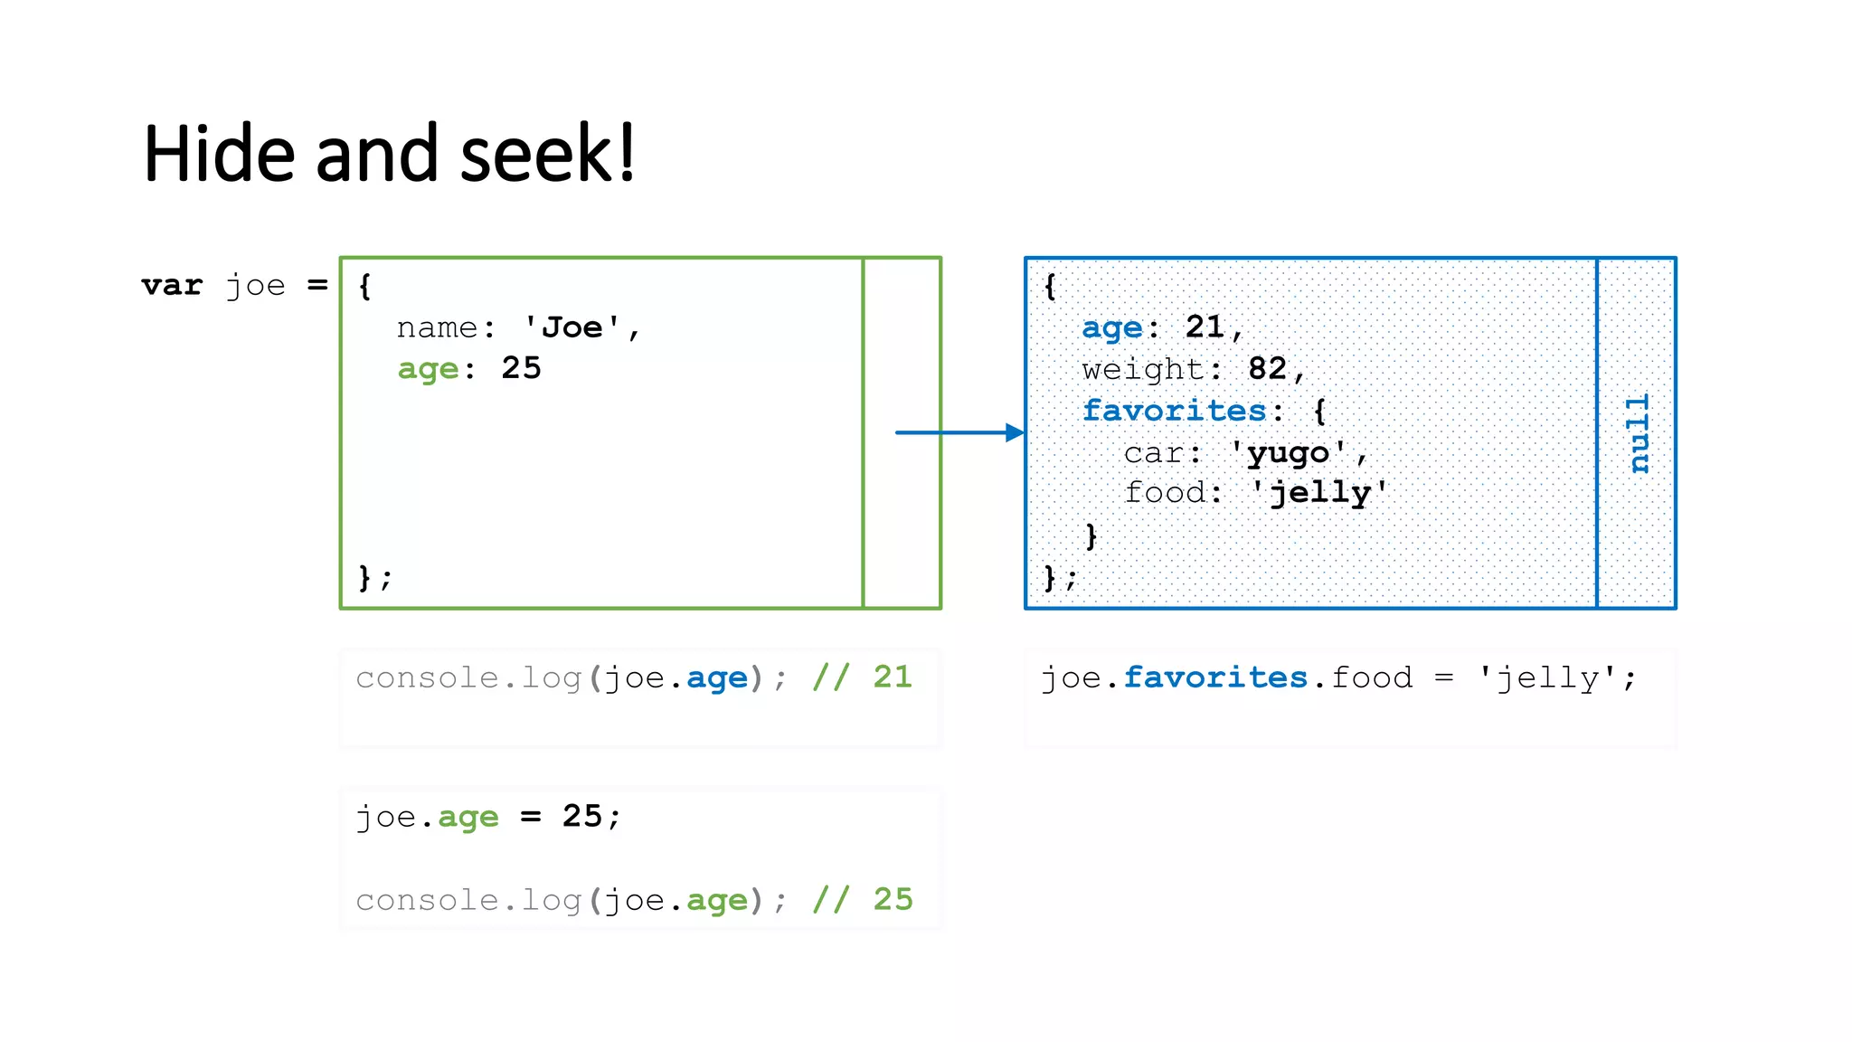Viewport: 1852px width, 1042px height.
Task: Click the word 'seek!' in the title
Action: pos(547,155)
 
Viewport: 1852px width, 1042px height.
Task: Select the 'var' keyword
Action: pos(172,286)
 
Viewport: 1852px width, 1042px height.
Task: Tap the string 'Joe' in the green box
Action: pos(572,327)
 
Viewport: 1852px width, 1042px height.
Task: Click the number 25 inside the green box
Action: pos(521,368)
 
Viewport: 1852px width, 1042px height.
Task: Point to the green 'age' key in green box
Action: pos(428,369)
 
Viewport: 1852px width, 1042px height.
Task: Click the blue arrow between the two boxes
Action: pos(959,432)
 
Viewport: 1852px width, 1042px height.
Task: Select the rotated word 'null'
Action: pos(1638,433)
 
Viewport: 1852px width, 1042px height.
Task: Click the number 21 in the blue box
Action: pos(1205,327)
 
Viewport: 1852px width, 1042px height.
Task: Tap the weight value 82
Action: pos(1267,369)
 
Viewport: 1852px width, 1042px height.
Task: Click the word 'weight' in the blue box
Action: pos(1143,369)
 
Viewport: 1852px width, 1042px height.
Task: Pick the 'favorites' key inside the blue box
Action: pos(1175,411)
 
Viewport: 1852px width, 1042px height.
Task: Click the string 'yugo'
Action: pos(1288,452)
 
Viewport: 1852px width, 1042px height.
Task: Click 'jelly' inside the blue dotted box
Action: pos(1320,493)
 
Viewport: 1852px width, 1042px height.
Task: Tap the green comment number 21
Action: pos(893,677)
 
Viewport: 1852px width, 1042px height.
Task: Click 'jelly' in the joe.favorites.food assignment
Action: pos(1548,677)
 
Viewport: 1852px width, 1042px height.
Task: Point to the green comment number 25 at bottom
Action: pos(893,899)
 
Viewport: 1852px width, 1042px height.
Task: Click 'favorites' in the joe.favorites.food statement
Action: pos(1215,677)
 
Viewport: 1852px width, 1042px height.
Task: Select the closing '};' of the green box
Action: pos(374,577)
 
